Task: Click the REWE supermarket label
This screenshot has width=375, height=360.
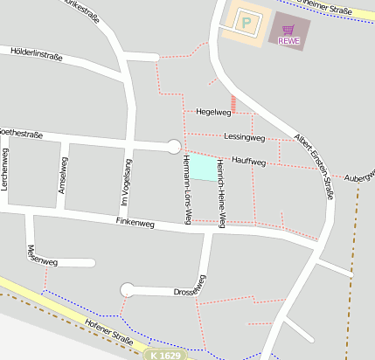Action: click(288, 40)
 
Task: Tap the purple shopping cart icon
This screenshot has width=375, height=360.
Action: click(288, 29)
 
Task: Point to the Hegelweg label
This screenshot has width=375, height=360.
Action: click(214, 112)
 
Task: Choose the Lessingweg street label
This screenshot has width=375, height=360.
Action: click(244, 137)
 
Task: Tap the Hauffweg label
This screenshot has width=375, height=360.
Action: click(249, 161)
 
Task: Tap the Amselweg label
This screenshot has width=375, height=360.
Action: click(62, 175)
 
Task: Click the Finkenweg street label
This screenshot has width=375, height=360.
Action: click(135, 224)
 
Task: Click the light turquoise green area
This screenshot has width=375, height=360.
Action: click(201, 168)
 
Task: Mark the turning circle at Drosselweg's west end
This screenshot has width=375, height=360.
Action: click(128, 289)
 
